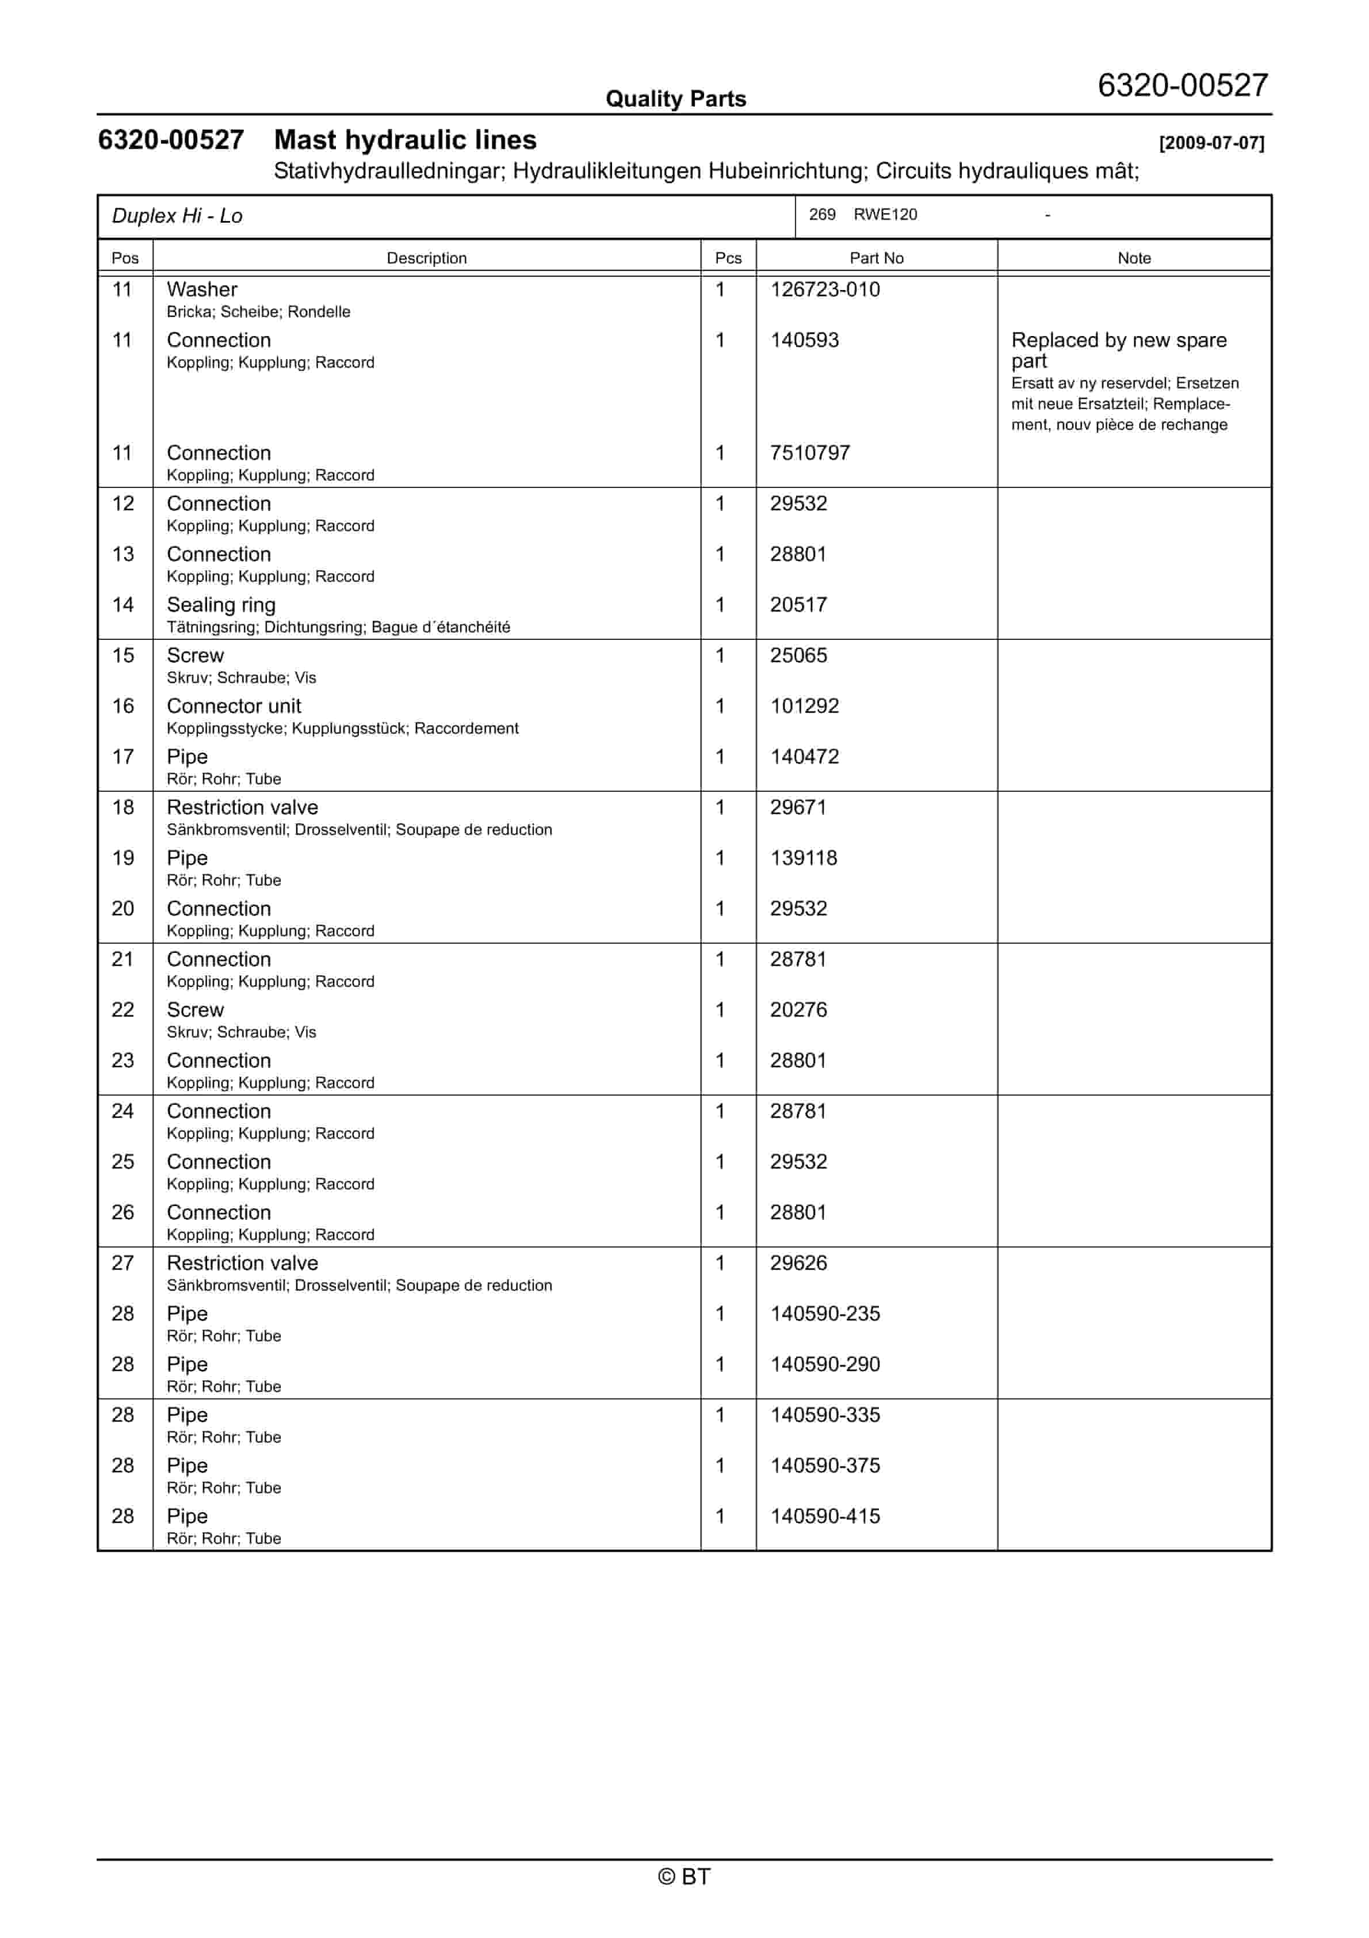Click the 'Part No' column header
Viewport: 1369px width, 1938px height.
875,258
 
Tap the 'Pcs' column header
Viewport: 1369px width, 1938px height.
728,258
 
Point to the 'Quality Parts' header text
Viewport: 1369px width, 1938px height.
675,99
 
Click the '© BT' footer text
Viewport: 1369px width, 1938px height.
684,1876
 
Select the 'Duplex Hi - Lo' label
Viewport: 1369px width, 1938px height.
177,216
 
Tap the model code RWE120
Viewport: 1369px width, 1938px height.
885,215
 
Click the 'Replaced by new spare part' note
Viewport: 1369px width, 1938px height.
1118,349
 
